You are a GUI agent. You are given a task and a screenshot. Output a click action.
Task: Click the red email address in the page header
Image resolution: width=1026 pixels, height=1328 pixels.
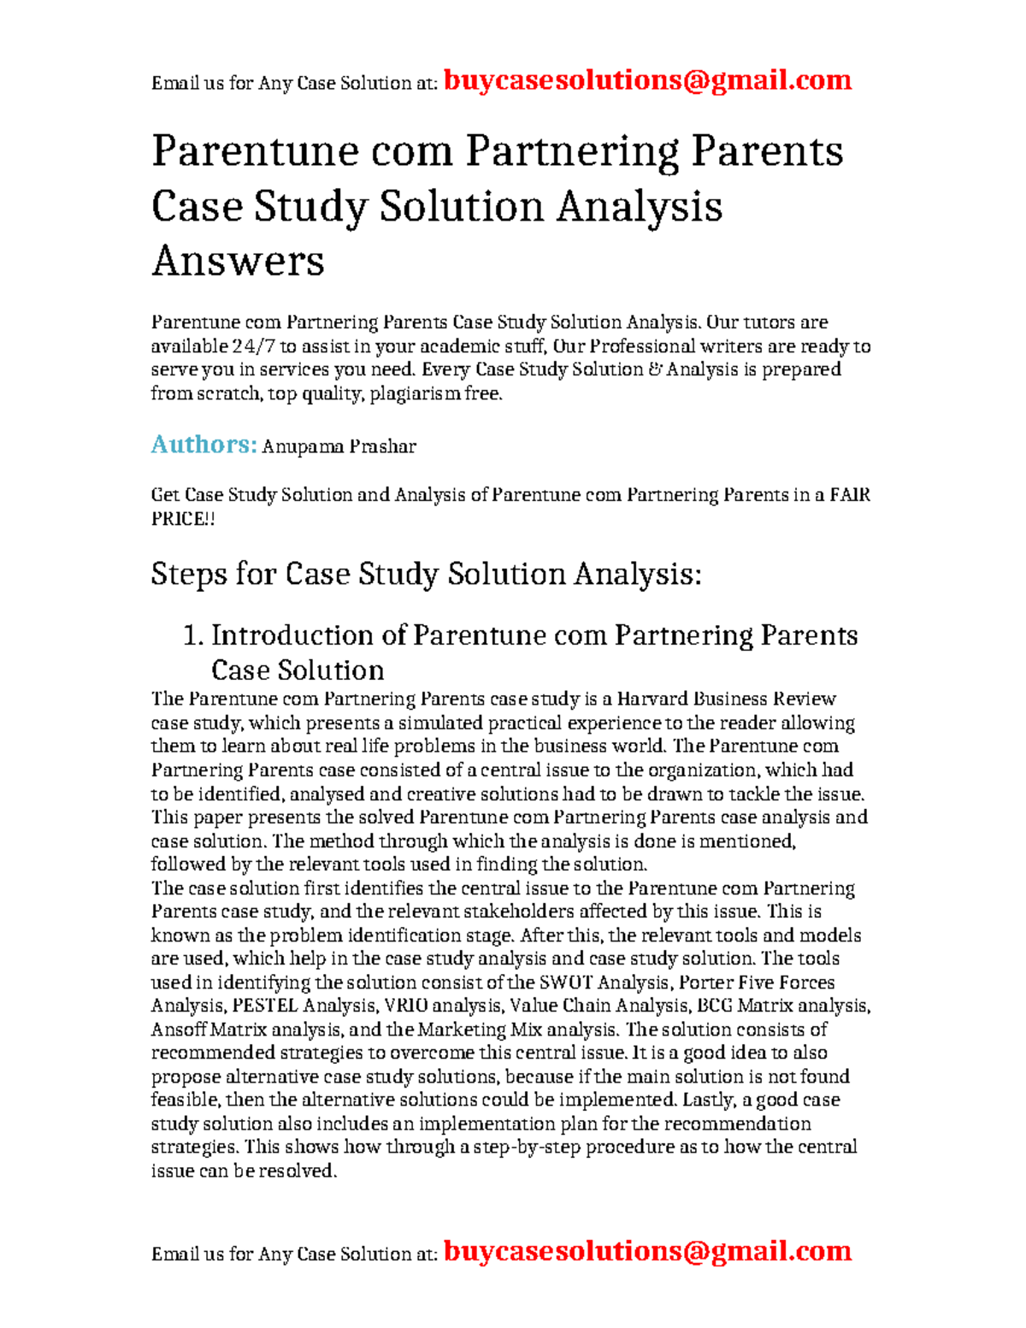[647, 80]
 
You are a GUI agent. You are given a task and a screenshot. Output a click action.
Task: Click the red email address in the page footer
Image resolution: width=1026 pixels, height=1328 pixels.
[647, 1251]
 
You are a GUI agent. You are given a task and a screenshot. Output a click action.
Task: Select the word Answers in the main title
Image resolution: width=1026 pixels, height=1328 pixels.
[238, 261]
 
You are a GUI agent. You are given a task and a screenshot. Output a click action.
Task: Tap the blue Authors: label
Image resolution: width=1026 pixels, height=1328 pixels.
[203, 445]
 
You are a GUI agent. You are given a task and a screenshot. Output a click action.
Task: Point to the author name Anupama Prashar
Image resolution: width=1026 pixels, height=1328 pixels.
[339, 446]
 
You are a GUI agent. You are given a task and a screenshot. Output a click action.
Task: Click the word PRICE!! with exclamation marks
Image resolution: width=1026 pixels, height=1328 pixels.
[183, 519]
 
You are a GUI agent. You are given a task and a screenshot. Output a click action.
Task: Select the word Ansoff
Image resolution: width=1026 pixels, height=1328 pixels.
[179, 1030]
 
